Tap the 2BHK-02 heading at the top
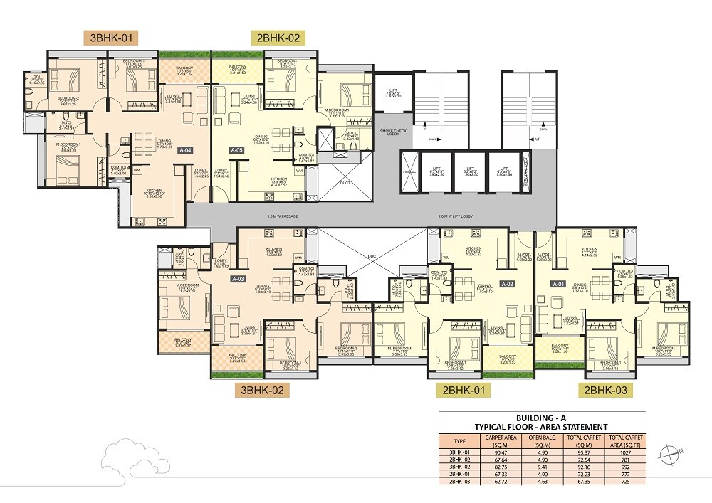(x=278, y=38)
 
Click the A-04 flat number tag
(x=185, y=150)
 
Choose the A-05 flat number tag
(x=238, y=150)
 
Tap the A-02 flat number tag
(x=507, y=283)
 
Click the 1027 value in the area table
(x=625, y=452)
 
